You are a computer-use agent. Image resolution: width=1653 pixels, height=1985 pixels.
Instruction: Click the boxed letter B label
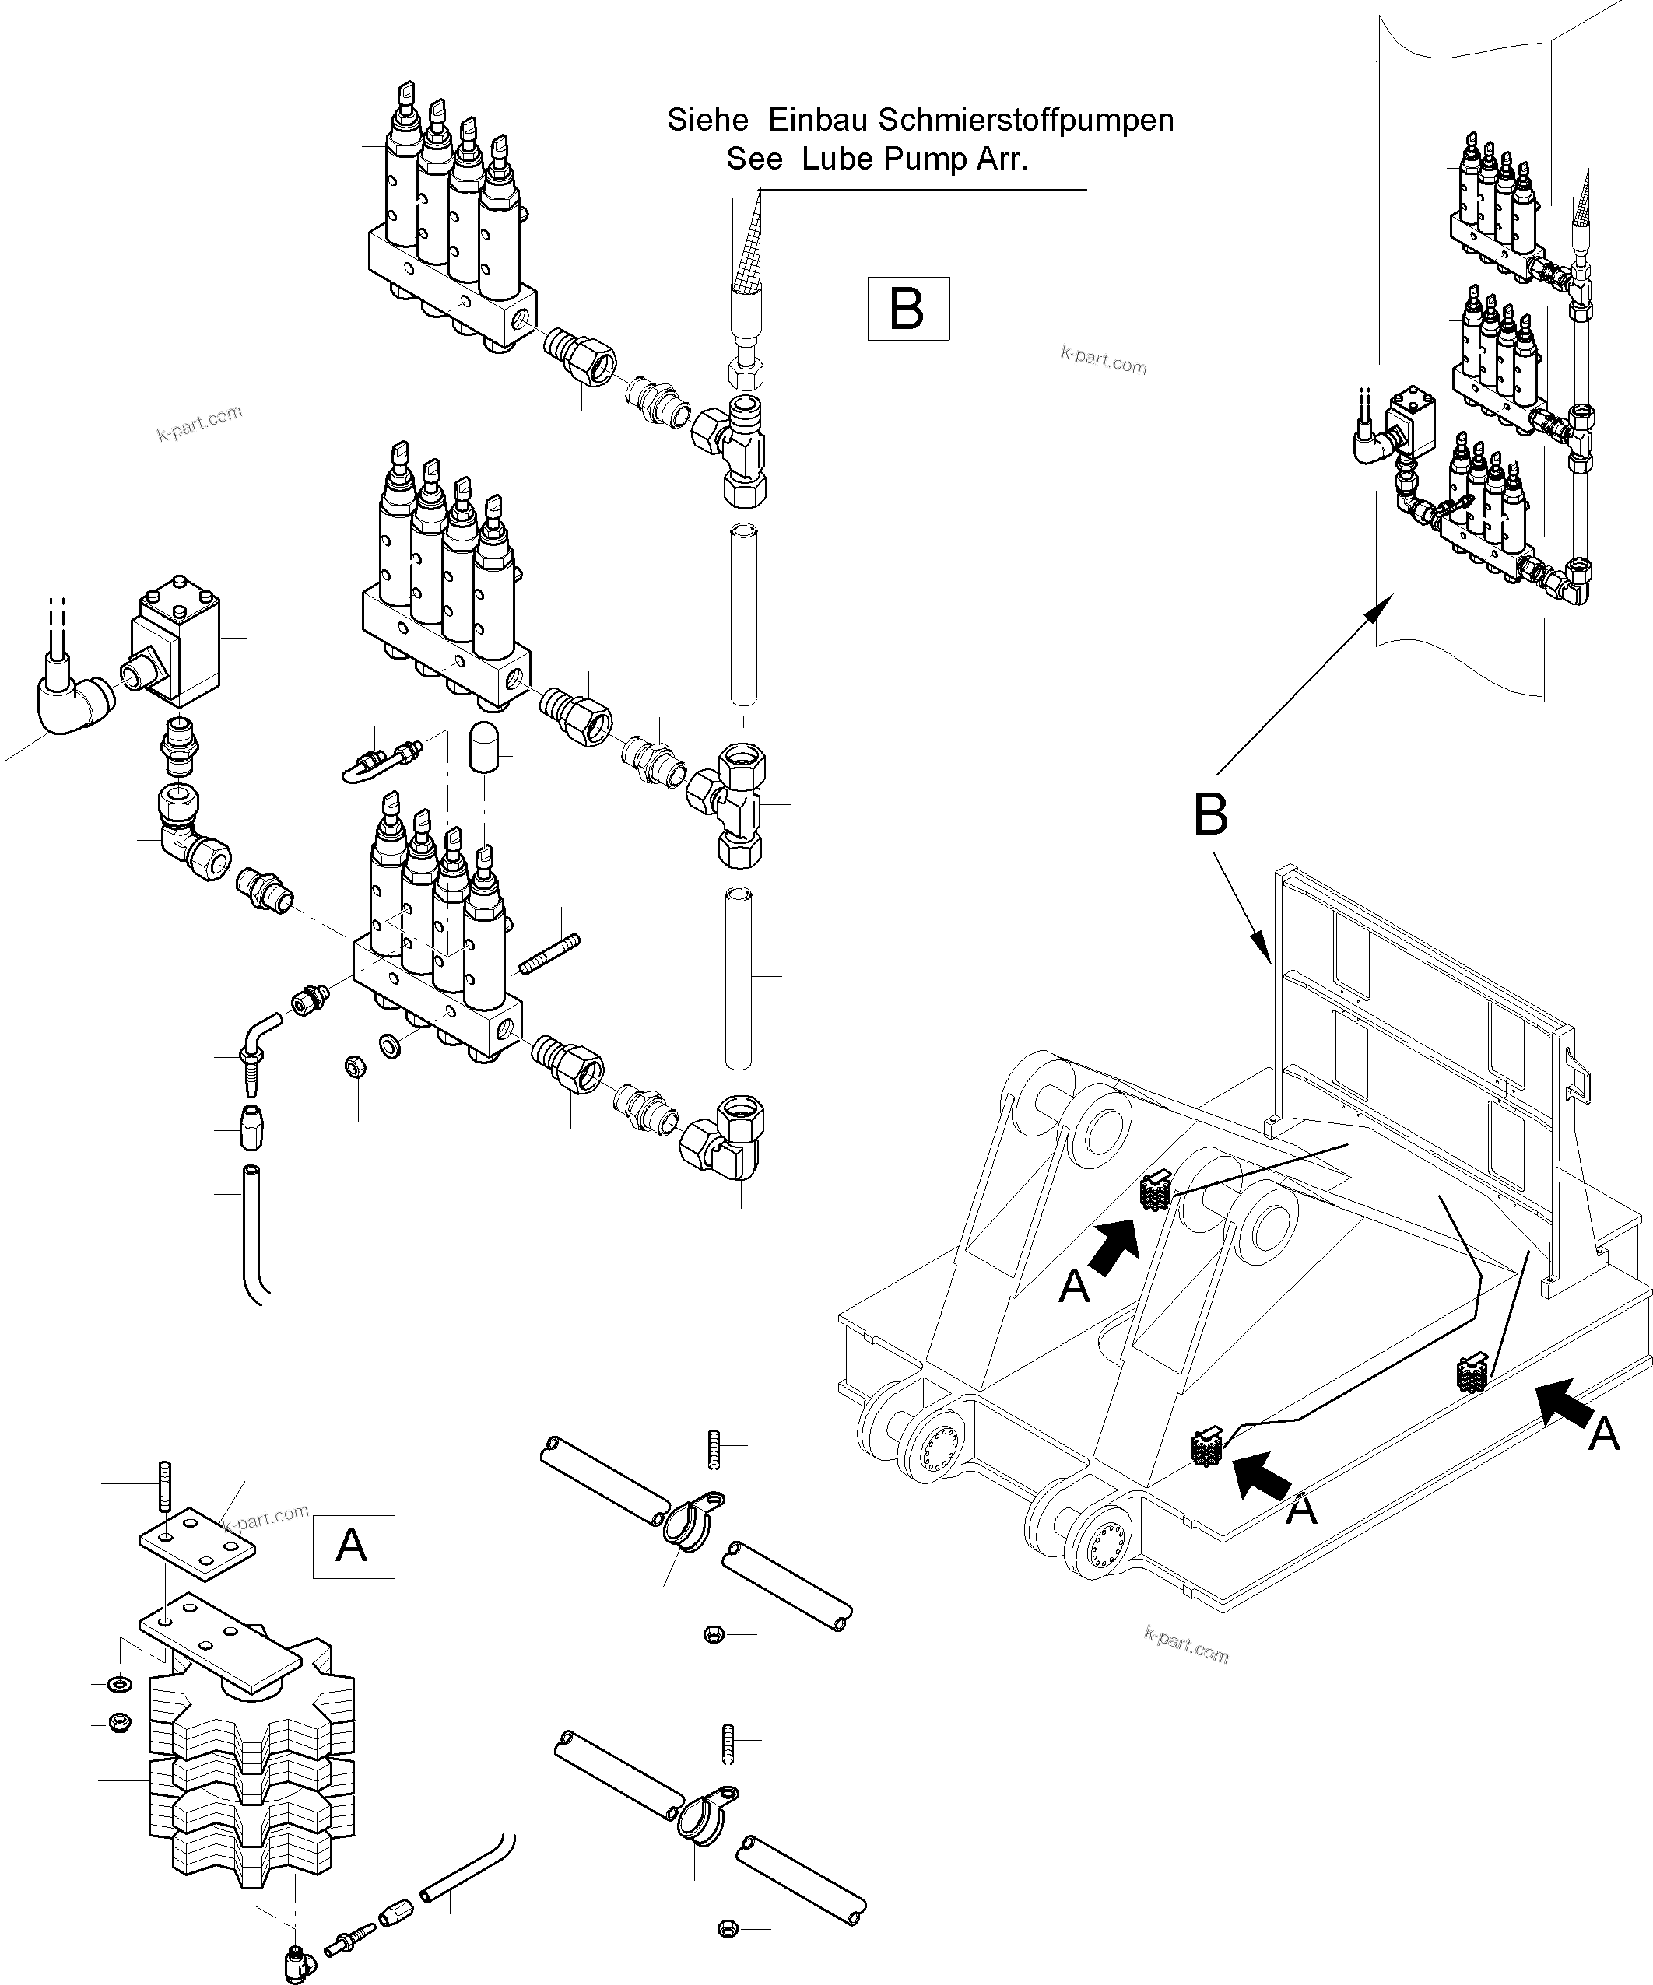coord(907,308)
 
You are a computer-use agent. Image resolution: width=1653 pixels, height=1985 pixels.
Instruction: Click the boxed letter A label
coord(353,1547)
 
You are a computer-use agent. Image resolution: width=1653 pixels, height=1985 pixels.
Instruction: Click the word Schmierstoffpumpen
coord(1025,120)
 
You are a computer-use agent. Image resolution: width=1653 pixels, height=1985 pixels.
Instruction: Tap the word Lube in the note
coord(836,159)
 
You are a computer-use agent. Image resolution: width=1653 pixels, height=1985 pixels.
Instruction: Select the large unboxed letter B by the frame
coord(1210,815)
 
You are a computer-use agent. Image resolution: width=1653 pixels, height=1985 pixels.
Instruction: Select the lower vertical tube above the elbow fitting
coord(739,978)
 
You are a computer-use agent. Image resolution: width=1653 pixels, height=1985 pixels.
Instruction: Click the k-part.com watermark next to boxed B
coord(1104,360)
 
